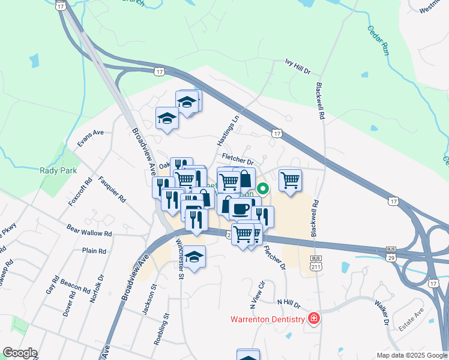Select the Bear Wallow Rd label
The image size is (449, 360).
[x=89, y=232]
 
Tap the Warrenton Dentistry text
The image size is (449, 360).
[x=268, y=319]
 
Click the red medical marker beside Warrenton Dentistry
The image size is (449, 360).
[x=313, y=319]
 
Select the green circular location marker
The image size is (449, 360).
[x=263, y=190]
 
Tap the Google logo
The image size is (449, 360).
[x=20, y=353]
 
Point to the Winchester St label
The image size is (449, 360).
[x=179, y=259]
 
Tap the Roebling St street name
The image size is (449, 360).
[x=161, y=329]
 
